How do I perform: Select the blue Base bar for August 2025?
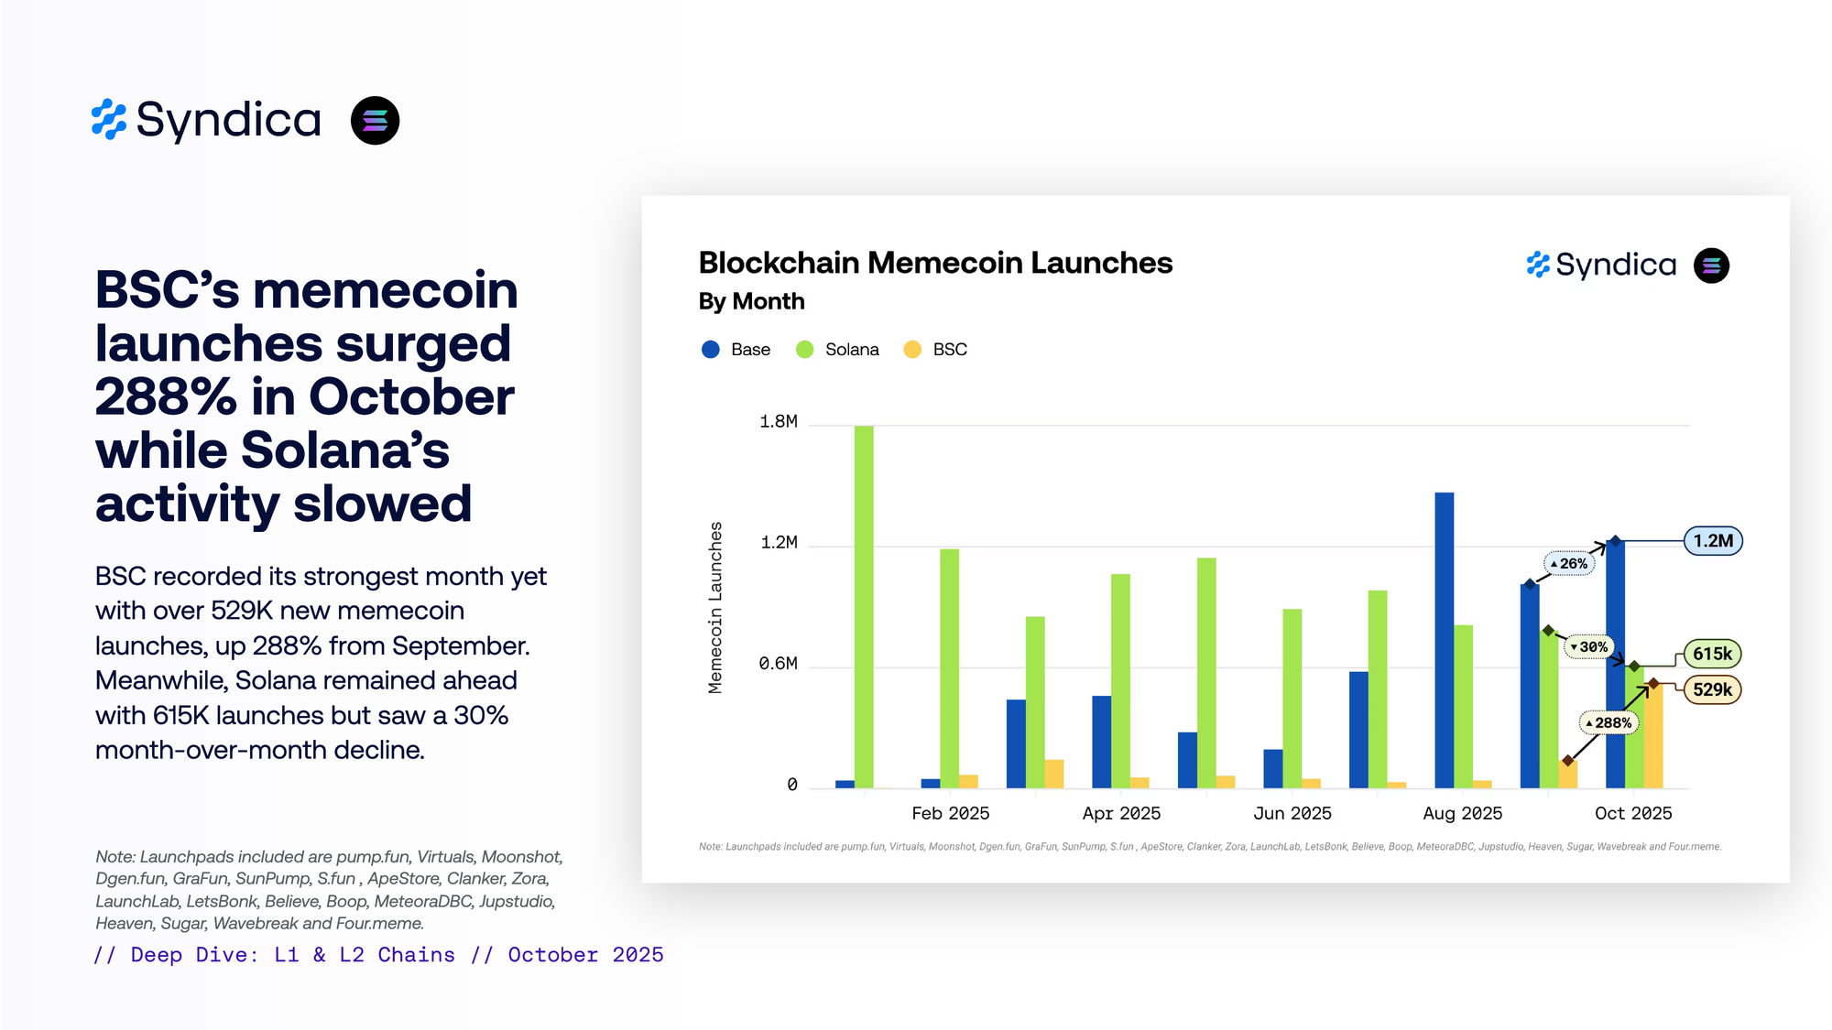pos(1444,640)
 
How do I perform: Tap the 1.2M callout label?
pos(1712,541)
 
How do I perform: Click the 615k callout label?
pos(1712,654)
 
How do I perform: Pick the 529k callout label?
pos(1712,689)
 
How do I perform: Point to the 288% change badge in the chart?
pos(1608,722)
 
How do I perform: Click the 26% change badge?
pos(1569,563)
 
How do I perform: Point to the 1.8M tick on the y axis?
pos(778,422)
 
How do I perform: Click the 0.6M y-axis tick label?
pos(778,664)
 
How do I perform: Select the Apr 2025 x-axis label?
pos(1121,813)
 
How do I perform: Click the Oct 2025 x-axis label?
pos(1632,813)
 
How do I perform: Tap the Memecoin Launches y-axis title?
pos(715,607)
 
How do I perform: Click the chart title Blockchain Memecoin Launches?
pos(934,263)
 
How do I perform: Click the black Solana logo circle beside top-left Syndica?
pos(375,121)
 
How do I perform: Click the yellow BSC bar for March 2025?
pos(1053,774)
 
